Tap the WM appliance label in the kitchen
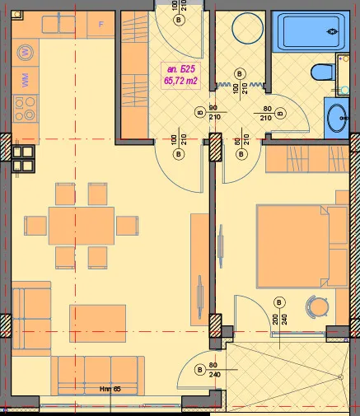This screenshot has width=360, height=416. (x=26, y=81)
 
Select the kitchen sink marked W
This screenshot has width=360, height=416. (x=26, y=52)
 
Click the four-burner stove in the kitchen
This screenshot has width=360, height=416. (x=26, y=106)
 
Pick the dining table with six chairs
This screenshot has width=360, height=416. (x=81, y=225)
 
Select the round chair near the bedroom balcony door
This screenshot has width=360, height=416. (x=314, y=307)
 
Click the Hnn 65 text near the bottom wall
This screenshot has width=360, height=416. (x=110, y=388)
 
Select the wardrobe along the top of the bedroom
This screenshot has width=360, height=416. (x=298, y=157)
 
